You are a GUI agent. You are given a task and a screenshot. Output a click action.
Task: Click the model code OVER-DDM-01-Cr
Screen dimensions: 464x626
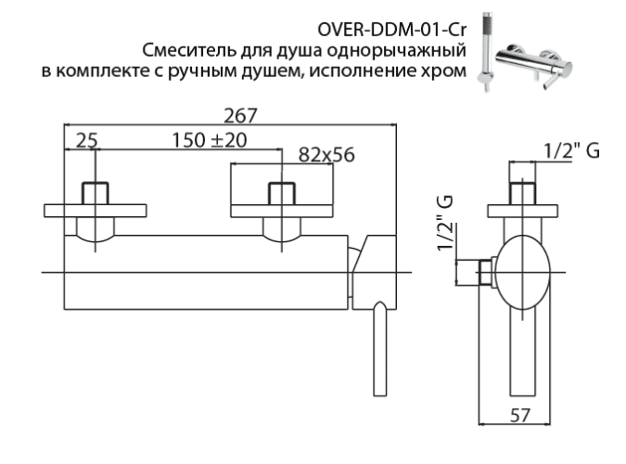[391, 19]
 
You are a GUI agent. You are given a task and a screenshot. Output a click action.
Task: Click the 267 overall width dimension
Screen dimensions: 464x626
[236, 114]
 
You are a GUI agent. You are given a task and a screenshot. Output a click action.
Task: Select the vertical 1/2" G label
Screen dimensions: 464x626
[450, 224]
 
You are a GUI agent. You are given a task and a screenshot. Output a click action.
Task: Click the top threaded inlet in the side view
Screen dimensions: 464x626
[526, 194]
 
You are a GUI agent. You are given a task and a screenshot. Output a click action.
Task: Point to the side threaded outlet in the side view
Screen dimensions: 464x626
[481, 273]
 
